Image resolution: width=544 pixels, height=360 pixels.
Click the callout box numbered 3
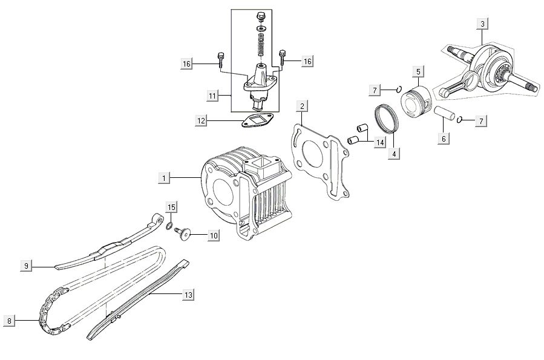click(482, 24)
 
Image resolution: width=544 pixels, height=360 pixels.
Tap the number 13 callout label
click(188, 295)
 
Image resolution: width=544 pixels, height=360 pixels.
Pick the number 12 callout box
click(201, 121)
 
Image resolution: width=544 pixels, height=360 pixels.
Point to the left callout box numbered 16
click(186, 63)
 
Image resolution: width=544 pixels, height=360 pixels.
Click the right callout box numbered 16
click(307, 62)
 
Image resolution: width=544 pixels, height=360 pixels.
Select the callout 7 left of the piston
click(375, 90)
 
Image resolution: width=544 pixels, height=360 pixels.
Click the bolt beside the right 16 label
click(282, 58)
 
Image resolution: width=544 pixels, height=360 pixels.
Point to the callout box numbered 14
click(379, 143)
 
